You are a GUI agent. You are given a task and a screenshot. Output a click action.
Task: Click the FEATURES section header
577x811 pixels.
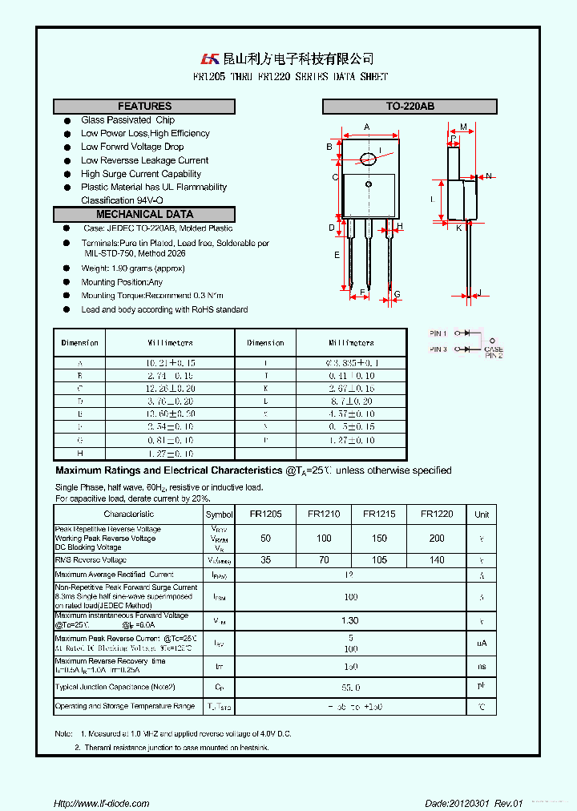coord(144,107)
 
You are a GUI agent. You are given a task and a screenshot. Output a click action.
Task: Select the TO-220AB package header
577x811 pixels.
coord(410,107)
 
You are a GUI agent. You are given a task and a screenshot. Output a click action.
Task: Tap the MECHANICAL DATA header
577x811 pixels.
coord(144,214)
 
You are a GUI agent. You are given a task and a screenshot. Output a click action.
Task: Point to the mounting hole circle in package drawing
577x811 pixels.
coord(369,160)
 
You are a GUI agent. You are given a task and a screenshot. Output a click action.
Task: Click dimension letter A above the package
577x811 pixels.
coord(366,127)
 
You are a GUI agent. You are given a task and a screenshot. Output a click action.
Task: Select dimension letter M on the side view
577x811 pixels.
coord(463,127)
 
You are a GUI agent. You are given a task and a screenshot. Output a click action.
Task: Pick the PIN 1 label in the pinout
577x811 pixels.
coord(438,333)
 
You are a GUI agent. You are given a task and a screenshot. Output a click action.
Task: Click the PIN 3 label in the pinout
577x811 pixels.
coord(438,349)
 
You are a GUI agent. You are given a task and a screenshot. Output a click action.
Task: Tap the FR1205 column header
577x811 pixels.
coord(265,514)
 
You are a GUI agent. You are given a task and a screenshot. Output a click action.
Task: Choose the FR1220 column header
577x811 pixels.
coord(437,514)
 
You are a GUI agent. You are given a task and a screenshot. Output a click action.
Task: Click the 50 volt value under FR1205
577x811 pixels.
coord(265,539)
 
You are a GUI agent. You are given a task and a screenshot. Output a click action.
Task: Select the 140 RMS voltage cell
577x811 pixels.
coord(437,560)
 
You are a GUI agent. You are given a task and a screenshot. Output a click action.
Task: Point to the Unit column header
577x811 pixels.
coord(482,514)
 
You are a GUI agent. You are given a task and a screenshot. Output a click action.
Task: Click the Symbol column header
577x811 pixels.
coord(219,514)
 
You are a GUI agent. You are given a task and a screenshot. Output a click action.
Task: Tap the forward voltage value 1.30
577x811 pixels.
coord(350,621)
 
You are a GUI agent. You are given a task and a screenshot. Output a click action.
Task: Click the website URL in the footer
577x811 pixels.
coord(101,803)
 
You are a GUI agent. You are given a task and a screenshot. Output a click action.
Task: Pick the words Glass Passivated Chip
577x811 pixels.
coord(127,120)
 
